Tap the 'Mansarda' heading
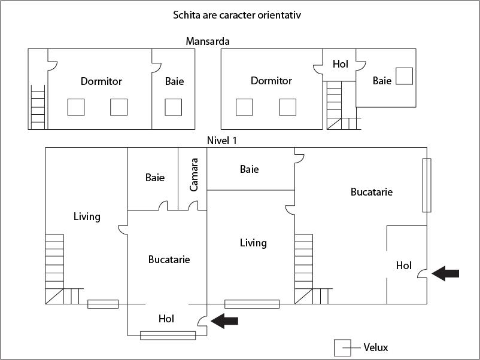[208, 41]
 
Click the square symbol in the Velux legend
[342, 347]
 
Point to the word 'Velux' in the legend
[376, 347]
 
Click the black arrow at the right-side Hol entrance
[445, 273]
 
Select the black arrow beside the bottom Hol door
[224, 321]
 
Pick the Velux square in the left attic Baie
[173, 107]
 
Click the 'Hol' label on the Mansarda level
[340, 63]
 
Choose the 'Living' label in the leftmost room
[87, 216]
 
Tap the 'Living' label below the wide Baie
[253, 243]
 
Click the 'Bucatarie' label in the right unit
[372, 192]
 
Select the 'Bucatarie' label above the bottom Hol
[169, 260]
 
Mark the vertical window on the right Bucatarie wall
[426, 185]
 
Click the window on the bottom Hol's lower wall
[168, 335]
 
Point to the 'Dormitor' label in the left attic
[101, 81]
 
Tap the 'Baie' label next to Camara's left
[155, 178]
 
